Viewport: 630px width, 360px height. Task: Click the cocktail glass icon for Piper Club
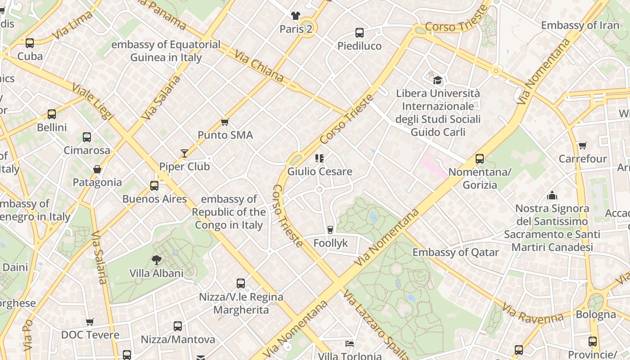(x=184, y=153)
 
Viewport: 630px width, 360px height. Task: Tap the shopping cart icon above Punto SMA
(x=225, y=122)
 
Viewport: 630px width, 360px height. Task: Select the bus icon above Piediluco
(x=359, y=32)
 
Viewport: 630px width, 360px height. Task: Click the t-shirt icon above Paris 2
(x=295, y=16)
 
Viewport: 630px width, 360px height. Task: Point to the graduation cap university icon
(x=437, y=80)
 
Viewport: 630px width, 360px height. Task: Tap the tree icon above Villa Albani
(x=157, y=260)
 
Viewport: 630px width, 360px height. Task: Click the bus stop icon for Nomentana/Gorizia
(x=480, y=158)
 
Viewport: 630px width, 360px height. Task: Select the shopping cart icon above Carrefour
(x=582, y=145)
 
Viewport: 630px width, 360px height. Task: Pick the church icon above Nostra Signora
(x=552, y=195)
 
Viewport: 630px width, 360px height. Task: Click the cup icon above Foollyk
(x=330, y=229)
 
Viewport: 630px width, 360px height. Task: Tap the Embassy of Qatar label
(x=455, y=252)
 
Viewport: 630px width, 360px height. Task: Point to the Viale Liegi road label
(x=92, y=101)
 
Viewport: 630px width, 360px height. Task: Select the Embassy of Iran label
(x=580, y=25)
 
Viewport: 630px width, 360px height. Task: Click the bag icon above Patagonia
(x=97, y=169)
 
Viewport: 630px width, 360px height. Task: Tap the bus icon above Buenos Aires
(x=154, y=185)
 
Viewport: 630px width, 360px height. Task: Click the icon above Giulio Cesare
(x=319, y=158)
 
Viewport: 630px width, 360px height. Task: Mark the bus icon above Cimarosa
(x=87, y=137)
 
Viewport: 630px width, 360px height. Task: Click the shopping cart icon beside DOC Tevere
(x=90, y=322)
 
